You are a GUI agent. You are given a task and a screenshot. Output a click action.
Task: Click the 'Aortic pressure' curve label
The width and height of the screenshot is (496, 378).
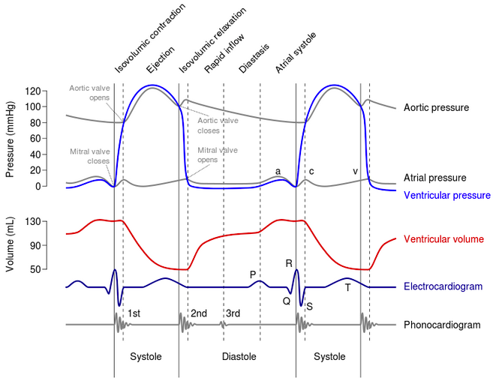(x=436, y=108)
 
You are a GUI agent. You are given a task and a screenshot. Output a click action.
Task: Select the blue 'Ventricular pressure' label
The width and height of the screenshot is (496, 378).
(x=447, y=195)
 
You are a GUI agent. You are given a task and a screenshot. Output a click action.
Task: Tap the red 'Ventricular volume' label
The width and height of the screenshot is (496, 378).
(x=443, y=239)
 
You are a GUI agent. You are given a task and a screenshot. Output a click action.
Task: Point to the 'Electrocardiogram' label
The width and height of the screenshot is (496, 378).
(x=443, y=286)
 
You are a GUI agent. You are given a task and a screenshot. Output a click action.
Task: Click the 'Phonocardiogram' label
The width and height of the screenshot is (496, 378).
(x=442, y=325)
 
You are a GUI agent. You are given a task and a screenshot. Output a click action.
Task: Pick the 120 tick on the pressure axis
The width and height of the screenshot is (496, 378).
(x=33, y=91)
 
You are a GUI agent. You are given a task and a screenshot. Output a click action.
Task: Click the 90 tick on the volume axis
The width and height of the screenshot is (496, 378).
(x=36, y=245)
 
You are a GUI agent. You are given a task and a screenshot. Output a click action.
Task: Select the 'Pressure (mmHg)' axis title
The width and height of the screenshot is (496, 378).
(x=10, y=139)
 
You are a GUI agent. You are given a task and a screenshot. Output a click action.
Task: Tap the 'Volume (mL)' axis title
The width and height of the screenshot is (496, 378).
(x=10, y=244)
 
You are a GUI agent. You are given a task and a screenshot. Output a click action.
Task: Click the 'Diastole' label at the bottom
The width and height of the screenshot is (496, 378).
(x=239, y=357)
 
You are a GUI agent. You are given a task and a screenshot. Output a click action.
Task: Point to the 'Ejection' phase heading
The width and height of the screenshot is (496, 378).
(x=161, y=60)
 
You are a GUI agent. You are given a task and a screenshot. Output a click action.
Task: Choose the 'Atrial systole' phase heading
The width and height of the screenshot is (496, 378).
(x=296, y=52)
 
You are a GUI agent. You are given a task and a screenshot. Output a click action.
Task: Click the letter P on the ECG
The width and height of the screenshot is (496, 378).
(x=252, y=275)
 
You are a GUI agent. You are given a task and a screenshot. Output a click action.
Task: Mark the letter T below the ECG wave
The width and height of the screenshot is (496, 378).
(x=347, y=288)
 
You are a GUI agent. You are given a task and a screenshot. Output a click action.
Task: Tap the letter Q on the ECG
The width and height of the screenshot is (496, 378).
(x=287, y=301)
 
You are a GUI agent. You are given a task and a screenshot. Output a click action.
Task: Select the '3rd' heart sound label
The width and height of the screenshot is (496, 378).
(x=233, y=313)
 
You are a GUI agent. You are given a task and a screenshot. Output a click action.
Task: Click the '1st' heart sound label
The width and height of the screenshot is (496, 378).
(x=134, y=313)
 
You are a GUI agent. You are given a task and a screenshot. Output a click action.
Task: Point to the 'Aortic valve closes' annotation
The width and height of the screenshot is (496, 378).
(x=218, y=125)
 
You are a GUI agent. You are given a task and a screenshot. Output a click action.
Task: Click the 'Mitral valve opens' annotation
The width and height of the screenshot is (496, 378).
(x=218, y=154)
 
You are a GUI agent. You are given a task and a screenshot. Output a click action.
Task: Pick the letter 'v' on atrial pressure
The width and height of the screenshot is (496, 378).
(x=355, y=172)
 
